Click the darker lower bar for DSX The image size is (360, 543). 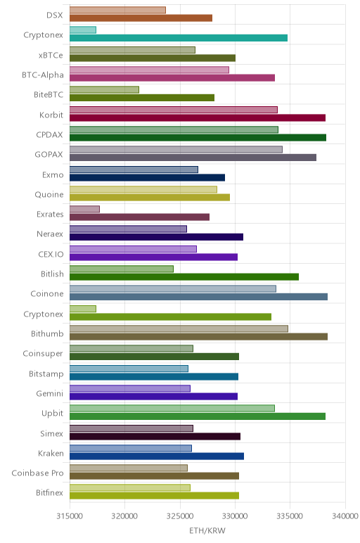(141, 18)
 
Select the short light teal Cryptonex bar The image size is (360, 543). (83, 30)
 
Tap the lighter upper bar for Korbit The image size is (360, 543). (174, 110)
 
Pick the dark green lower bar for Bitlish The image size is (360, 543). (184, 276)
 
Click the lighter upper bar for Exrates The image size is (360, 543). (84, 209)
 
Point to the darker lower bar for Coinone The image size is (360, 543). (198, 297)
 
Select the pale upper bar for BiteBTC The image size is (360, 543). (104, 90)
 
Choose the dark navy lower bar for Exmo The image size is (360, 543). (147, 178)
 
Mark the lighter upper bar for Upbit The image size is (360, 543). (172, 408)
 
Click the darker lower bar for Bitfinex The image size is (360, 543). (154, 496)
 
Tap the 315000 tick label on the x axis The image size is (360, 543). (70, 516)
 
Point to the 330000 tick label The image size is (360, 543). (235, 516)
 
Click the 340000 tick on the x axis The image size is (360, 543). (345, 516)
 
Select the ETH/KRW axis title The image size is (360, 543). (207, 530)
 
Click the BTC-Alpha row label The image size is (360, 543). (43, 75)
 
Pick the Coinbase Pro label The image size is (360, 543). (38, 473)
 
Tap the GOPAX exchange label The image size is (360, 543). (49, 155)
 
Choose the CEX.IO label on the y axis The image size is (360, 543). (51, 254)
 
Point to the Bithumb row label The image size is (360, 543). (47, 334)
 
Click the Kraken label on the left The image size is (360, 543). (51, 453)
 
